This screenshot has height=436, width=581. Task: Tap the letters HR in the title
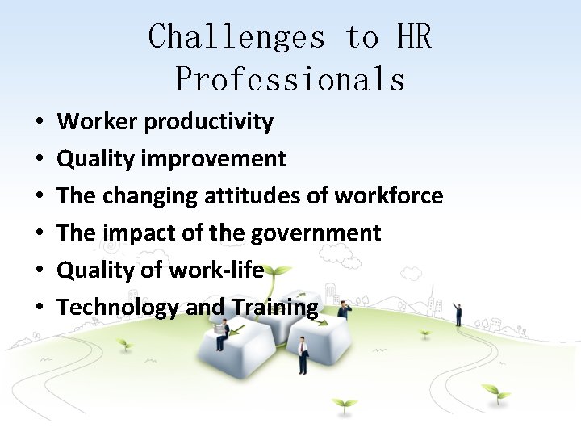413,37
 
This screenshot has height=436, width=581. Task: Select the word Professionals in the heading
290,79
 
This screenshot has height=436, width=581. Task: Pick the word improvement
213,159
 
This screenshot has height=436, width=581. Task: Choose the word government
316,233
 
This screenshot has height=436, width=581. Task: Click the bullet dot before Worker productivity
40,123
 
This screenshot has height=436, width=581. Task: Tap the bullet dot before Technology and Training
40,308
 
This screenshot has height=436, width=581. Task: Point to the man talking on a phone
345,311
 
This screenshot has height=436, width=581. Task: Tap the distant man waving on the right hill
458,313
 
